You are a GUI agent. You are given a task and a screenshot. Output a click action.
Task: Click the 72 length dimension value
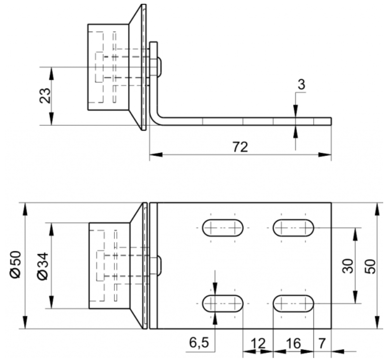click(240, 147)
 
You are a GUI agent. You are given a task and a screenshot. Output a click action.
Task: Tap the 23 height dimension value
click(45, 96)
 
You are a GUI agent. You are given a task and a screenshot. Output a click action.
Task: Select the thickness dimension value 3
click(301, 84)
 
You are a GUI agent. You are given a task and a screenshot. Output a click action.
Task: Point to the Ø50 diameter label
click(15, 264)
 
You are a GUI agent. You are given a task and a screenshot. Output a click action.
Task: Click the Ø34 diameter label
click(42, 266)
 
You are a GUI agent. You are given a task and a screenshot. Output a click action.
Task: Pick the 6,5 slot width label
click(199, 342)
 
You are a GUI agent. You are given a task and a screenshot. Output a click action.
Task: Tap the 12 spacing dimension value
click(258, 343)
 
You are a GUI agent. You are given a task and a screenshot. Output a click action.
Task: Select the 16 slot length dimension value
click(293, 343)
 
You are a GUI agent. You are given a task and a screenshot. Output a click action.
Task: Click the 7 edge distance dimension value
click(322, 343)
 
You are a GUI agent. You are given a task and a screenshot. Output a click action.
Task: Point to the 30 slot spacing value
click(348, 266)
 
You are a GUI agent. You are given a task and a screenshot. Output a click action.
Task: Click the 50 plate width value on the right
click(370, 266)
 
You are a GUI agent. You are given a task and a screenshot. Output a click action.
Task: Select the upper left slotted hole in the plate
click(223, 228)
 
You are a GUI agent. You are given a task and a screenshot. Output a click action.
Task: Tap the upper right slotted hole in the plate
click(293, 228)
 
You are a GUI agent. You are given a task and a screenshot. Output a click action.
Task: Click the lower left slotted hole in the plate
click(223, 304)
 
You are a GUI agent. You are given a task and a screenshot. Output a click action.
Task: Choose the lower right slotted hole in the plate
click(293, 304)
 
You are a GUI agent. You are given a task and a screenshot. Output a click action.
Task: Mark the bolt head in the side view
click(159, 67)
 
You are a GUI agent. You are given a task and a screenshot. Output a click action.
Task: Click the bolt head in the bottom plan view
click(159, 265)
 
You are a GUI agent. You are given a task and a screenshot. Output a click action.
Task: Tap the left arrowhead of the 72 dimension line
click(156, 155)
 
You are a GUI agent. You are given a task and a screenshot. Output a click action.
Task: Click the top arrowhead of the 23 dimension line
click(51, 73)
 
